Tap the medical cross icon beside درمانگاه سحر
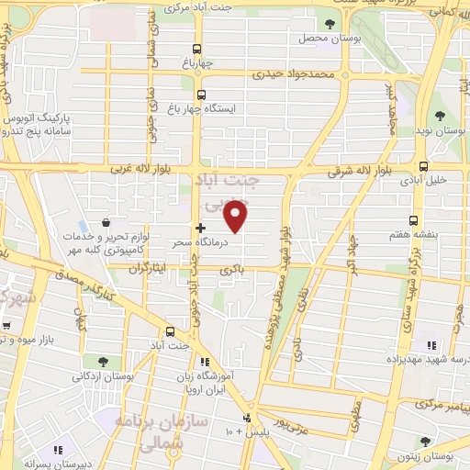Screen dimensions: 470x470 point(200,227)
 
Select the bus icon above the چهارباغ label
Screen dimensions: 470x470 point(196,50)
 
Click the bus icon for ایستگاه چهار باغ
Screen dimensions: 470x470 point(201,94)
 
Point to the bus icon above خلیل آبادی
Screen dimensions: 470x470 point(423,166)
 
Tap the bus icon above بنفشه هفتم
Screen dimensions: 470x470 point(414,220)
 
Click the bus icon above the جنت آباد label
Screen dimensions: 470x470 point(170,331)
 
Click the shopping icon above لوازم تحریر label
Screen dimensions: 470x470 point(106,223)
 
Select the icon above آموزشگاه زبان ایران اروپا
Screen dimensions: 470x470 point(204,362)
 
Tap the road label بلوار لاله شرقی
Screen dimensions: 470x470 point(361,172)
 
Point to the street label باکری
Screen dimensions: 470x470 point(233,269)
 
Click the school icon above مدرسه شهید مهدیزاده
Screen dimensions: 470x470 point(429,345)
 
